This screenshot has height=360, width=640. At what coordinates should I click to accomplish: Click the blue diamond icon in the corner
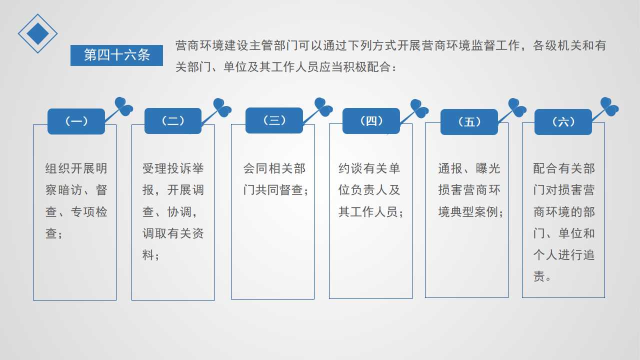coord(37,33)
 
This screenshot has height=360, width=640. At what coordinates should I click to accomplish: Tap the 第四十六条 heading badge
coord(116,55)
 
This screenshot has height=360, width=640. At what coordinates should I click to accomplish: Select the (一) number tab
coord(76,121)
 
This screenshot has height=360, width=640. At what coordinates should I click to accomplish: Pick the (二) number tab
coord(173,121)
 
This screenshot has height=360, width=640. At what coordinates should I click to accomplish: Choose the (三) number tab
coord(274,120)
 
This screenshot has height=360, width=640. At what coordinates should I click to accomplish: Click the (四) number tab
coord(371,121)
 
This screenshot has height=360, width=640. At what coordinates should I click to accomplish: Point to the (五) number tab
coord(469,122)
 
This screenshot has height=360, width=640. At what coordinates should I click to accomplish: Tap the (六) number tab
coord(563,122)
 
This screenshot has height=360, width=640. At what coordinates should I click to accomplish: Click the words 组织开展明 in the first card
coord(76,168)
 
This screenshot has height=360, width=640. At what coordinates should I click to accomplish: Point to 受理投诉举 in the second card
coord(173,168)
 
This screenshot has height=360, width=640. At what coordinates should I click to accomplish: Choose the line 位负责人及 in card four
coord(369,190)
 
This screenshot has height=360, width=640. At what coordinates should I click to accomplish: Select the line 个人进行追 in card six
coord(564,255)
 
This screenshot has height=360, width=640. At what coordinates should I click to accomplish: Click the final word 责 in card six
coord(539,276)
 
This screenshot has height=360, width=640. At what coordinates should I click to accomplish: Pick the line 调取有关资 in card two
coord(173,233)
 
